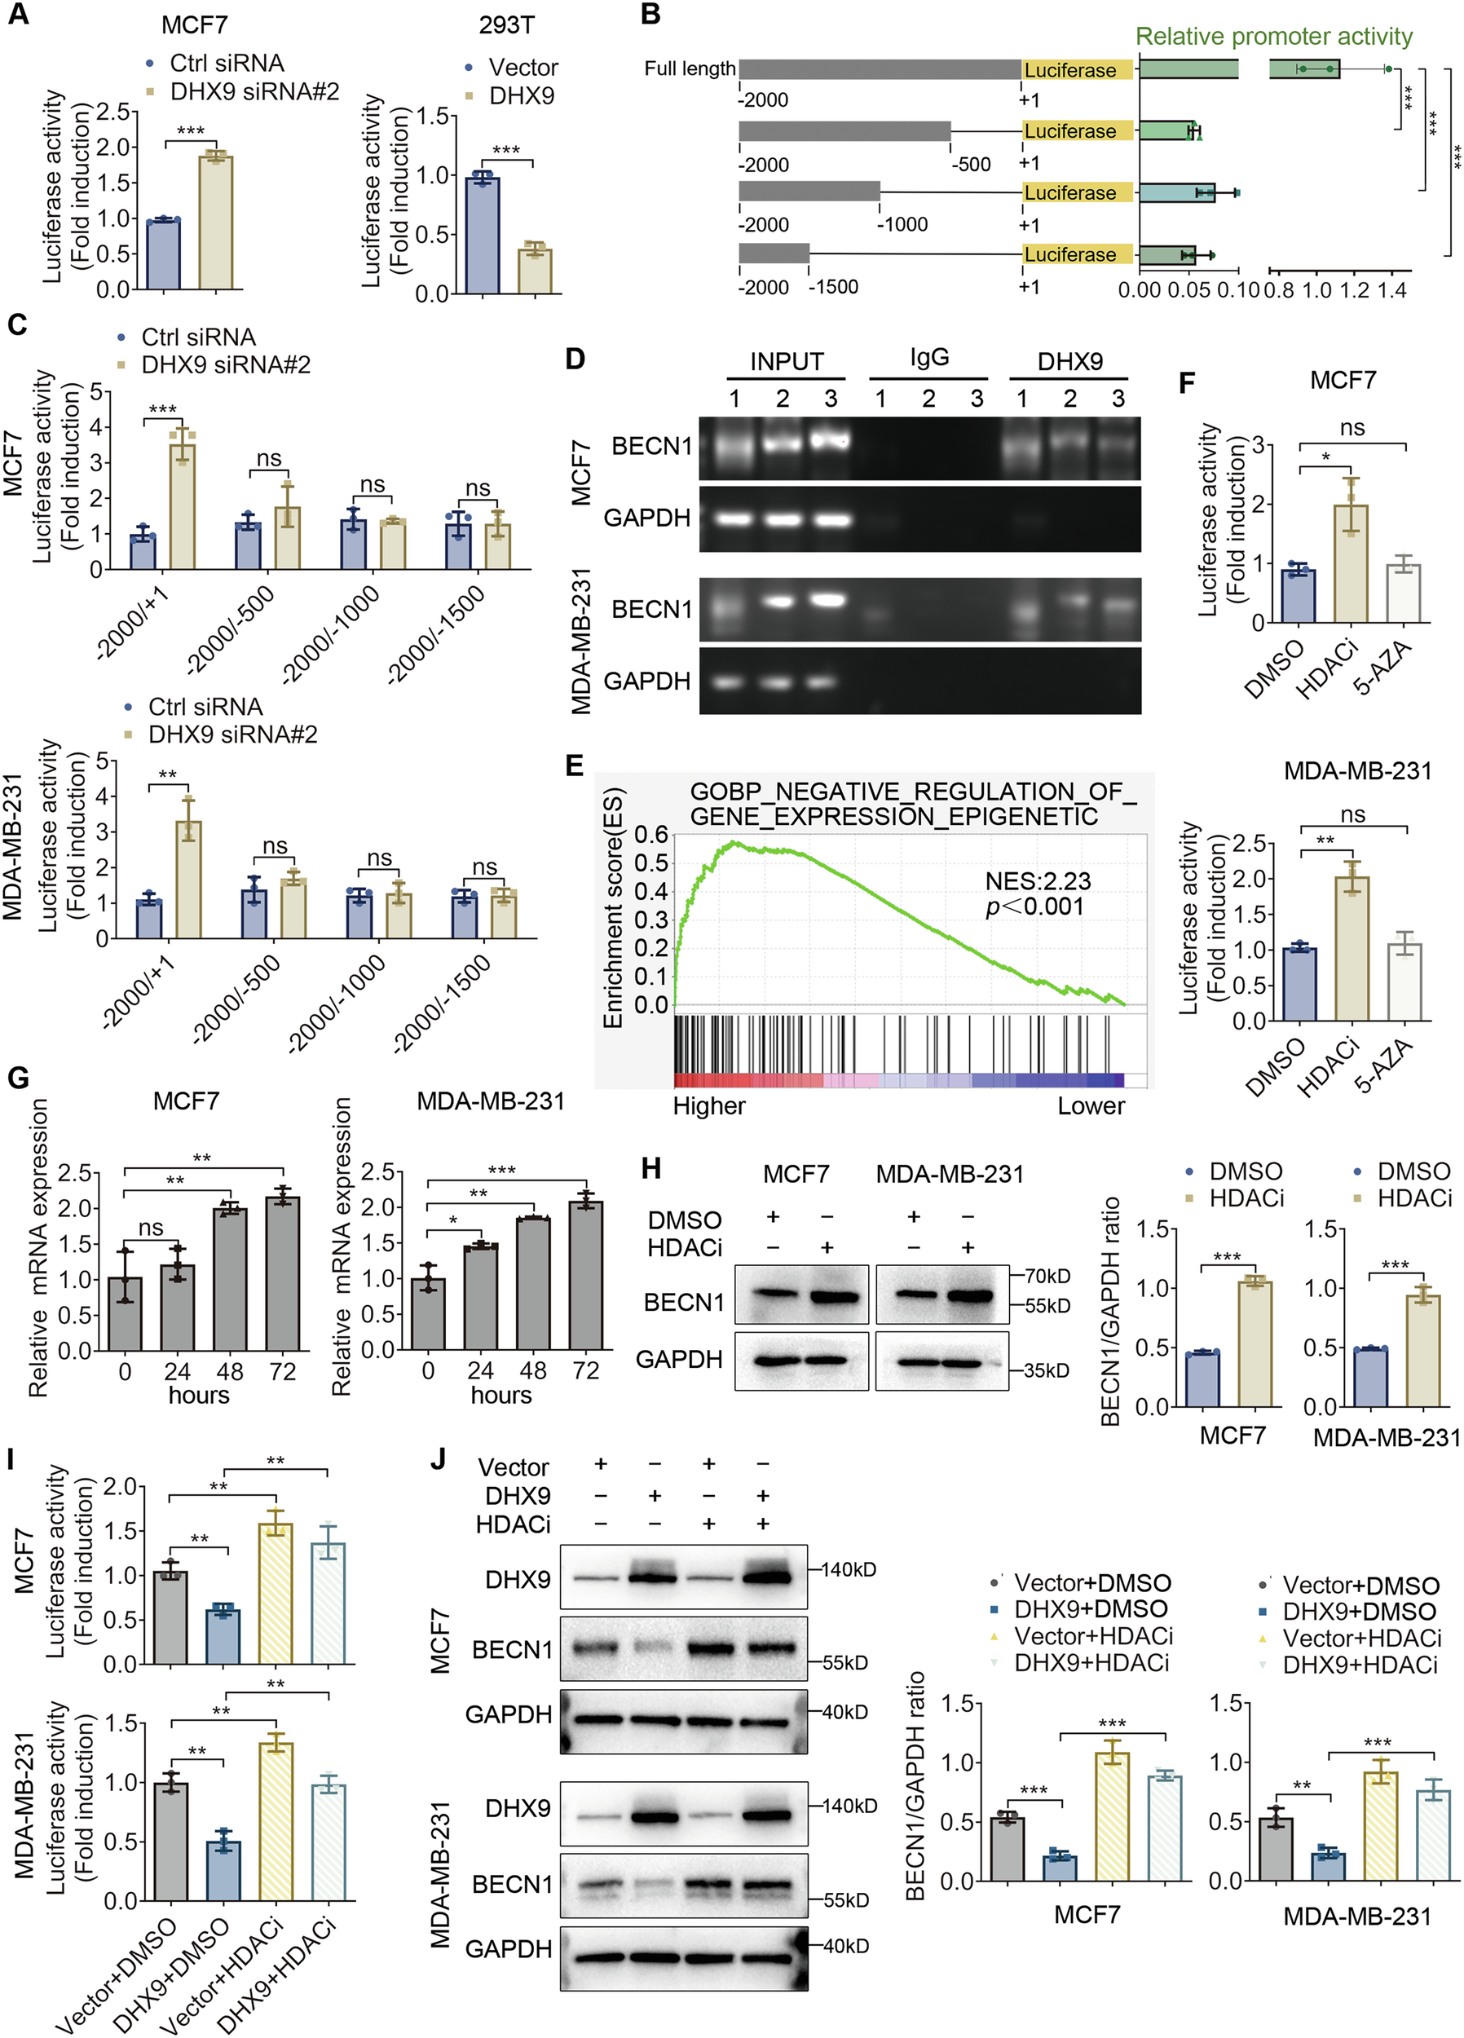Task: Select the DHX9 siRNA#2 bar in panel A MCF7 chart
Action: (x=216, y=222)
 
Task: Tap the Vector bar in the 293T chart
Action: (x=483, y=236)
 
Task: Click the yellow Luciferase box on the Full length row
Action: (x=1077, y=70)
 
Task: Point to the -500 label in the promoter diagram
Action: (x=971, y=165)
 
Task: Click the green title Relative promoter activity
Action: (x=1273, y=37)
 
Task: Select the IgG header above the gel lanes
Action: (x=928, y=358)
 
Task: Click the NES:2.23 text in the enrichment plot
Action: (x=1038, y=880)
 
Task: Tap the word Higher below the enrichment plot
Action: (x=709, y=1106)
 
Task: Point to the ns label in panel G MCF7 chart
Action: (x=151, y=1228)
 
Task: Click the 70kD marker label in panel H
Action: (x=1047, y=1276)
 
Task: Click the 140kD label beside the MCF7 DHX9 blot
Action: (x=848, y=1570)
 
